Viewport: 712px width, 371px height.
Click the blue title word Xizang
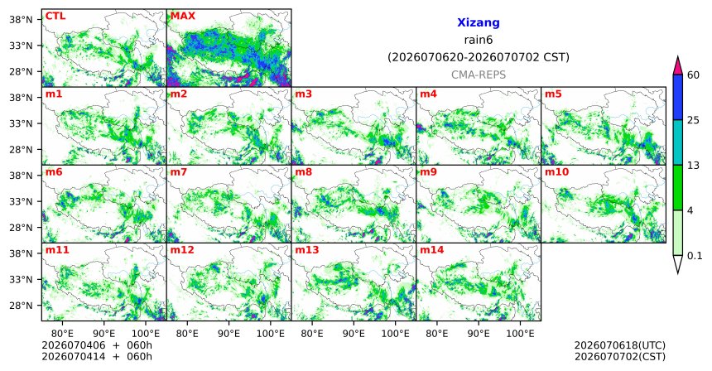pyautogui.click(x=479, y=22)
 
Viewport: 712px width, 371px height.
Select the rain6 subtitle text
pyautogui.click(x=479, y=40)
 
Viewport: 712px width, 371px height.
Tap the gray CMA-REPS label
pyautogui.click(x=479, y=75)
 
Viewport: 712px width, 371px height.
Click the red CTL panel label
pyautogui.click(x=55, y=16)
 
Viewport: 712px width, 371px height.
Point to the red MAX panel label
pyautogui.click(x=182, y=16)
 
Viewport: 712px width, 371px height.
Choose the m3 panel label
pyautogui.click(x=304, y=94)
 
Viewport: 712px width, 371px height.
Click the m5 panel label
pyautogui.click(x=553, y=94)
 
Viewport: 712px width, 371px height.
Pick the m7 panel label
pyautogui.click(x=179, y=172)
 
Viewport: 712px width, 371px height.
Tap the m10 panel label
pyautogui.click(x=556, y=172)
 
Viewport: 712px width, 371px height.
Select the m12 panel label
pyautogui.click(x=182, y=250)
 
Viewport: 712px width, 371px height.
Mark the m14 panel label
pyautogui.click(x=432, y=250)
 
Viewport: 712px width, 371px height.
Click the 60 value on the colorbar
pyautogui.click(x=694, y=75)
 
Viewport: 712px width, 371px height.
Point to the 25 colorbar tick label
pyautogui.click(x=694, y=120)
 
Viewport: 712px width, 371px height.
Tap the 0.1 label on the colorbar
pyautogui.click(x=695, y=256)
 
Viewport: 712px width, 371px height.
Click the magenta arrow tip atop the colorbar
pyautogui.click(x=677, y=57)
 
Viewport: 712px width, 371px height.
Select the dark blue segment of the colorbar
pyautogui.click(x=677, y=97)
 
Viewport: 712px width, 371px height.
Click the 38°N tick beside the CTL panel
pyautogui.click(x=21, y=20)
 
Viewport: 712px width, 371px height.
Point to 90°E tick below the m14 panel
pyautogui.click(x=479, y=335)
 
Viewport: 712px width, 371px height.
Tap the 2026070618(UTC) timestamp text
pyautogui.click(x=620, y=345)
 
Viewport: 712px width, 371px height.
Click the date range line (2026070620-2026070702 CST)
pyautogui.click(x=479, y=58)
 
